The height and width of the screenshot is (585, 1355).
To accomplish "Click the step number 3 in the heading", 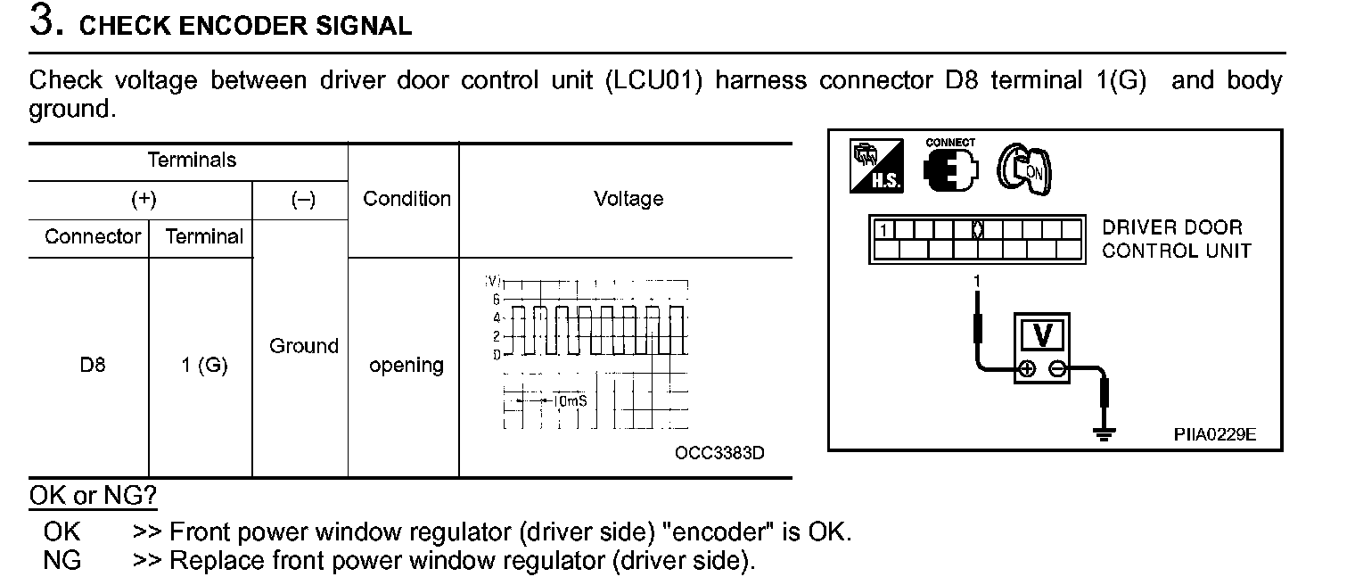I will [45, 21].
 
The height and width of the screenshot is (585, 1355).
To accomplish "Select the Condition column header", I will [406, 199].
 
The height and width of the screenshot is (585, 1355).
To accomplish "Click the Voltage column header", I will [628, 199].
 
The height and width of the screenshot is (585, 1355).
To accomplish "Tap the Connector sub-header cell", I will [92, 237].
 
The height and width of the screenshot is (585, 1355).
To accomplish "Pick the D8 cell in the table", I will [92, 366].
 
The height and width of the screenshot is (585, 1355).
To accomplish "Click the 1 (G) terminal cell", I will [204, 366].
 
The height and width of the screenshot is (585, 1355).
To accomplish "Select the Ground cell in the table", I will [303, 346].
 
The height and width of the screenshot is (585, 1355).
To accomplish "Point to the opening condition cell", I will [406, 366].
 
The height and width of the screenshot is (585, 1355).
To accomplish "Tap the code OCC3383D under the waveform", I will [719, 453].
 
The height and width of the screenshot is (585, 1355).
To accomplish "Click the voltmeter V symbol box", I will [1042, 335].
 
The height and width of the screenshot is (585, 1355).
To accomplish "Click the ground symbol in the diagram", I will [1105, 434].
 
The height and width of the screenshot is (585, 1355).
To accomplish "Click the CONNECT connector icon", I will [950, 166].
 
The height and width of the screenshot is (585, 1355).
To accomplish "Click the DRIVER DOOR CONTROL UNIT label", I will [1176, 239].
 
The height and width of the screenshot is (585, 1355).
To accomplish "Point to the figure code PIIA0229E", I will [1214, 434].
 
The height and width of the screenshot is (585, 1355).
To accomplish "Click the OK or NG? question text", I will [94, 496].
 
